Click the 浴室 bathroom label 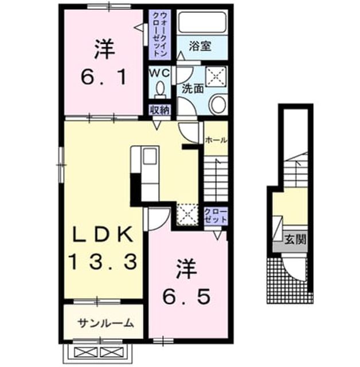[200, 46]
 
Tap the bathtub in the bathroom [202, 22]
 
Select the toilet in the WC [161, 90]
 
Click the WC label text [160, 73]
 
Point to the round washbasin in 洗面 [219, 104]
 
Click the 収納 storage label [160, 110]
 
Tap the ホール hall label [216, 140]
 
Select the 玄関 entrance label [295, 239]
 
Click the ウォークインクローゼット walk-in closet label [160, 34]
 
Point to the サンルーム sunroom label [105, 323]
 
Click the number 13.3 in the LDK [103, 262]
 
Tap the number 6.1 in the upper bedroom [104, 77]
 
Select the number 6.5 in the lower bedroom [186, 296]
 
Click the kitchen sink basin [150, 156]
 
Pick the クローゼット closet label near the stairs [216, 216]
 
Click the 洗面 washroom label [193, 89]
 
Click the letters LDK [103, 235]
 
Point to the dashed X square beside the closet [187, 214]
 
